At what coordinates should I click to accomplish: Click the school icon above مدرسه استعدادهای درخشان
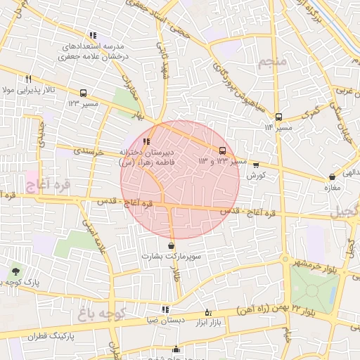click(x=92, y=35)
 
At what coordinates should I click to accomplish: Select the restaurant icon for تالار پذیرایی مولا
click(x=28, y=79)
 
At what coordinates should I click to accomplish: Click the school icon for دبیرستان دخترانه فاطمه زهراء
click(x=146, y=141)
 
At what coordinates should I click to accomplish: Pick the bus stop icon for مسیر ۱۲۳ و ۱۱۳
click(x=223, y=150)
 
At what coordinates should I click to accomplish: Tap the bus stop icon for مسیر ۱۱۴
click(x=278, y=117)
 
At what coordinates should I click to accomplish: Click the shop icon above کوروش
click(x=256, y=165)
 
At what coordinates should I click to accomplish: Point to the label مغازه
click(x=333, y=188)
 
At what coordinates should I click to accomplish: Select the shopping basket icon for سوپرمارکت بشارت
click(x=172, y=245)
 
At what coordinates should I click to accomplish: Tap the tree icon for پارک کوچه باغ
click(x=15, y=271)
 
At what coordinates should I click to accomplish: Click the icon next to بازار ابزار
click(x=207, y=312)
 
